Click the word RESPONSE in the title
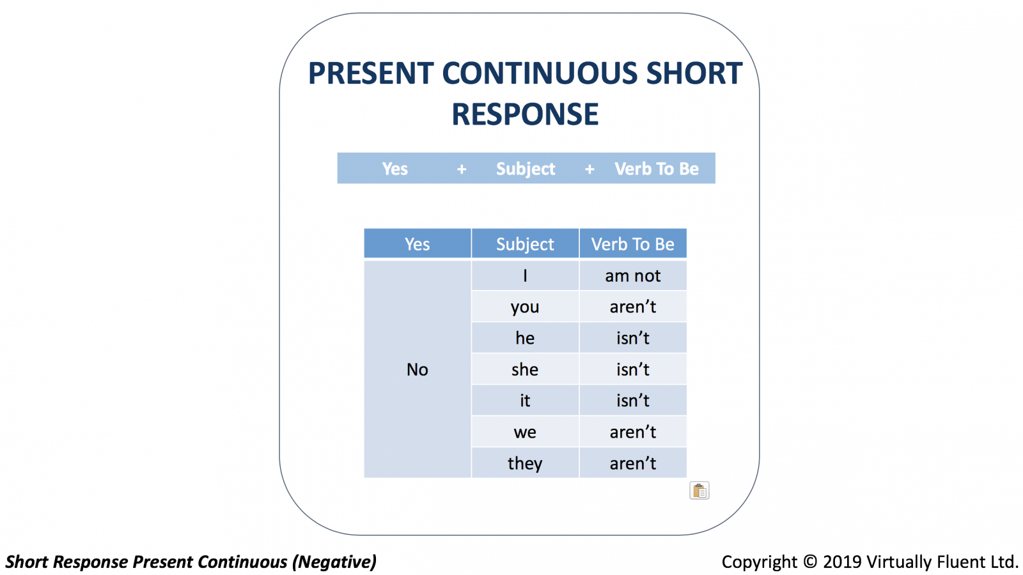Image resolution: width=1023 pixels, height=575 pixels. point(525,114)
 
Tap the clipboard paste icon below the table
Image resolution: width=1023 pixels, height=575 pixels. point(699,491)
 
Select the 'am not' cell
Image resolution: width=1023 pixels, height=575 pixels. point(633,275)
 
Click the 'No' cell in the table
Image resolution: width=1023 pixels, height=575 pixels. point(418,369)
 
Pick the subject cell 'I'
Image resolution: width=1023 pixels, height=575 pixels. point(525,275)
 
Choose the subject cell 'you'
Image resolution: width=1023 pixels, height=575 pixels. point(525,307)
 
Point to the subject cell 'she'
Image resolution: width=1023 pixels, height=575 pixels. point(525,369)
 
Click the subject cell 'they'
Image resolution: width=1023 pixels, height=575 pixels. point(525,463)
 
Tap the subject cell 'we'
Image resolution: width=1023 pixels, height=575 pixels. point(525,432)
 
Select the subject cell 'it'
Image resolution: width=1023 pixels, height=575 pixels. point(525,400)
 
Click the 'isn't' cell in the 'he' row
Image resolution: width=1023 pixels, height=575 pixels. point(633,338)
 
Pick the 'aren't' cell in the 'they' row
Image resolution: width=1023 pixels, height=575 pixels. point(633,463)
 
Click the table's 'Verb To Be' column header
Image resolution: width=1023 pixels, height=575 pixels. point(633,243)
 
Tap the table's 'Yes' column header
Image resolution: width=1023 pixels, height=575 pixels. point(418,243)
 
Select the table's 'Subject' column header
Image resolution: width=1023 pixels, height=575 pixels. point(525,243)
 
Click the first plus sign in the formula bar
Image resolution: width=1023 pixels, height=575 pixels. point(462,169)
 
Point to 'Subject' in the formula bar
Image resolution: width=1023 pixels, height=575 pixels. point(526,169)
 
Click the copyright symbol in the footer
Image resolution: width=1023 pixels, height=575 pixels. point(809,562)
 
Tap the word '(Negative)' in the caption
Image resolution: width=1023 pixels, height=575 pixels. point(334,562)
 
